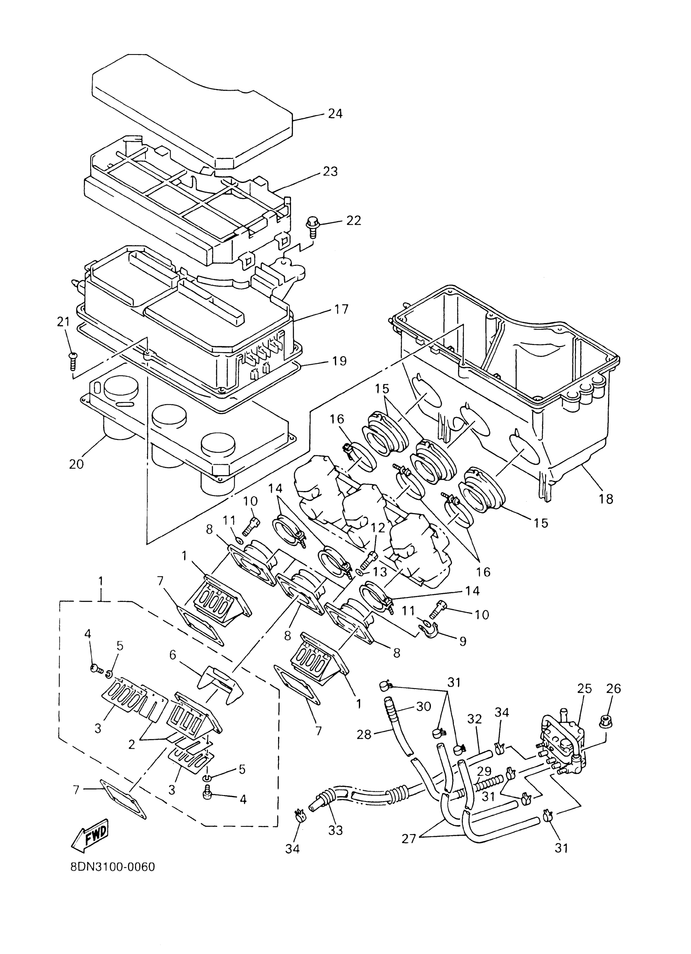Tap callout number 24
335,113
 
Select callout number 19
339,361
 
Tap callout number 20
76,464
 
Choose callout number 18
606,499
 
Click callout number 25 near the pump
584,688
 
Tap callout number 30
424,707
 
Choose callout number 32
474,719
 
